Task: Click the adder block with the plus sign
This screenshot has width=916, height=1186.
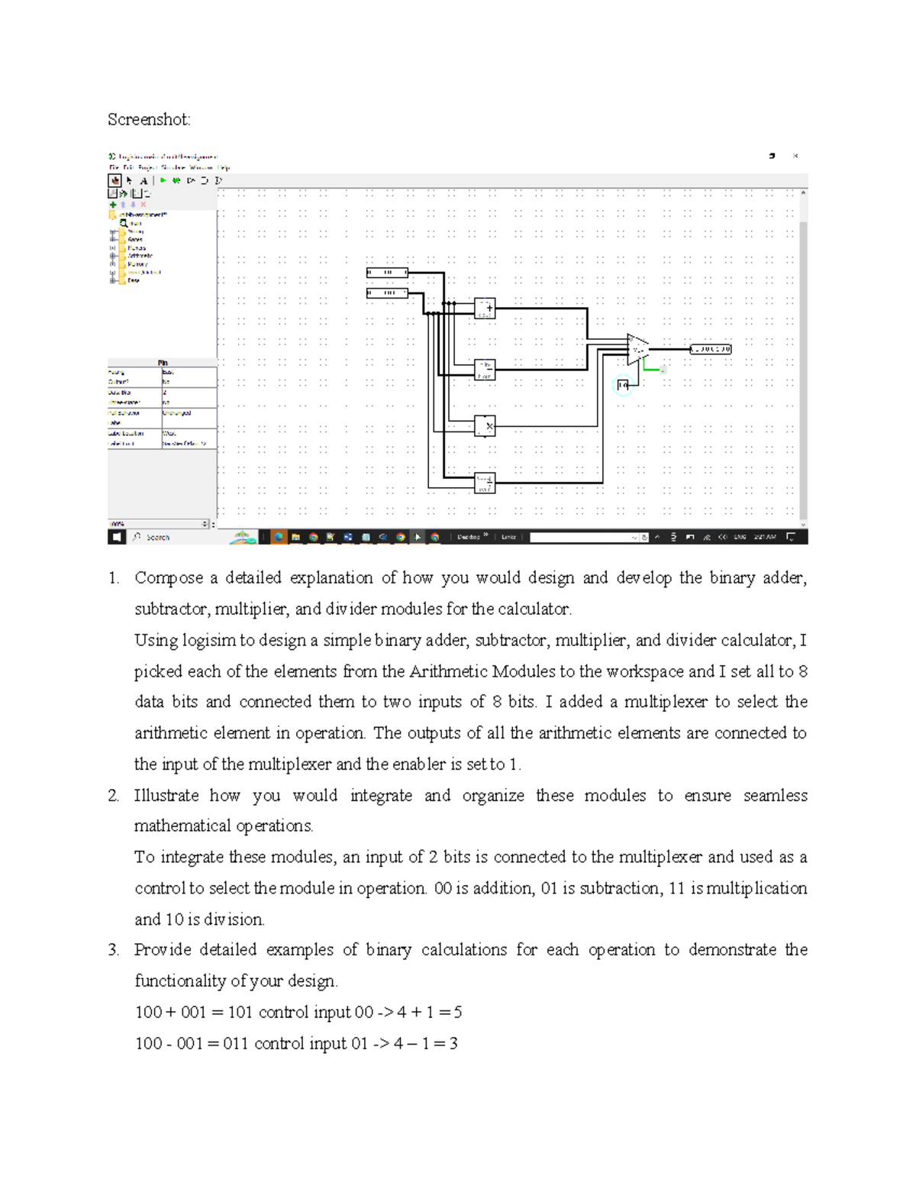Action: coord(485,309)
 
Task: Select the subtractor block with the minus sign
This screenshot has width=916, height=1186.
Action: coord(485,370)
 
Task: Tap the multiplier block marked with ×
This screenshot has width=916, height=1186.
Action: coord(485,426)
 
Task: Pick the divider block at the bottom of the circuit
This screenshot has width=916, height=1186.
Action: coord(485,483)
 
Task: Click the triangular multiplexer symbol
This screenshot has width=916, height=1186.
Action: coord(637,349)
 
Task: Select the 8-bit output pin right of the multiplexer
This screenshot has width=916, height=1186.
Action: coord(710,349)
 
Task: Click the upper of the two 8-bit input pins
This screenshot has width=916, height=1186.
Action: coord(387,273)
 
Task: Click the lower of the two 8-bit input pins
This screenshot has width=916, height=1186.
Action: coord(387,292)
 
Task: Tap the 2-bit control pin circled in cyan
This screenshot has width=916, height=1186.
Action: coord(623,386)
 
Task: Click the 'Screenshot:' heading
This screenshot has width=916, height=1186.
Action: coord(149,120)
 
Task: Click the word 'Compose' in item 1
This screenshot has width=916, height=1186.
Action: coord(169,578)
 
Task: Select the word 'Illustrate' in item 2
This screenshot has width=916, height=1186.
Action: coord(166,796)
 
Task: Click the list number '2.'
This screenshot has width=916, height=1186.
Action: coord(114,796)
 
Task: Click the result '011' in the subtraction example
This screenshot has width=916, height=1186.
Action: coord(235,1044)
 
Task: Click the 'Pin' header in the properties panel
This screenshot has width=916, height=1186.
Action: coord(163,363)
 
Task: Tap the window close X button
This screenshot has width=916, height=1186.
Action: coord(795,156)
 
